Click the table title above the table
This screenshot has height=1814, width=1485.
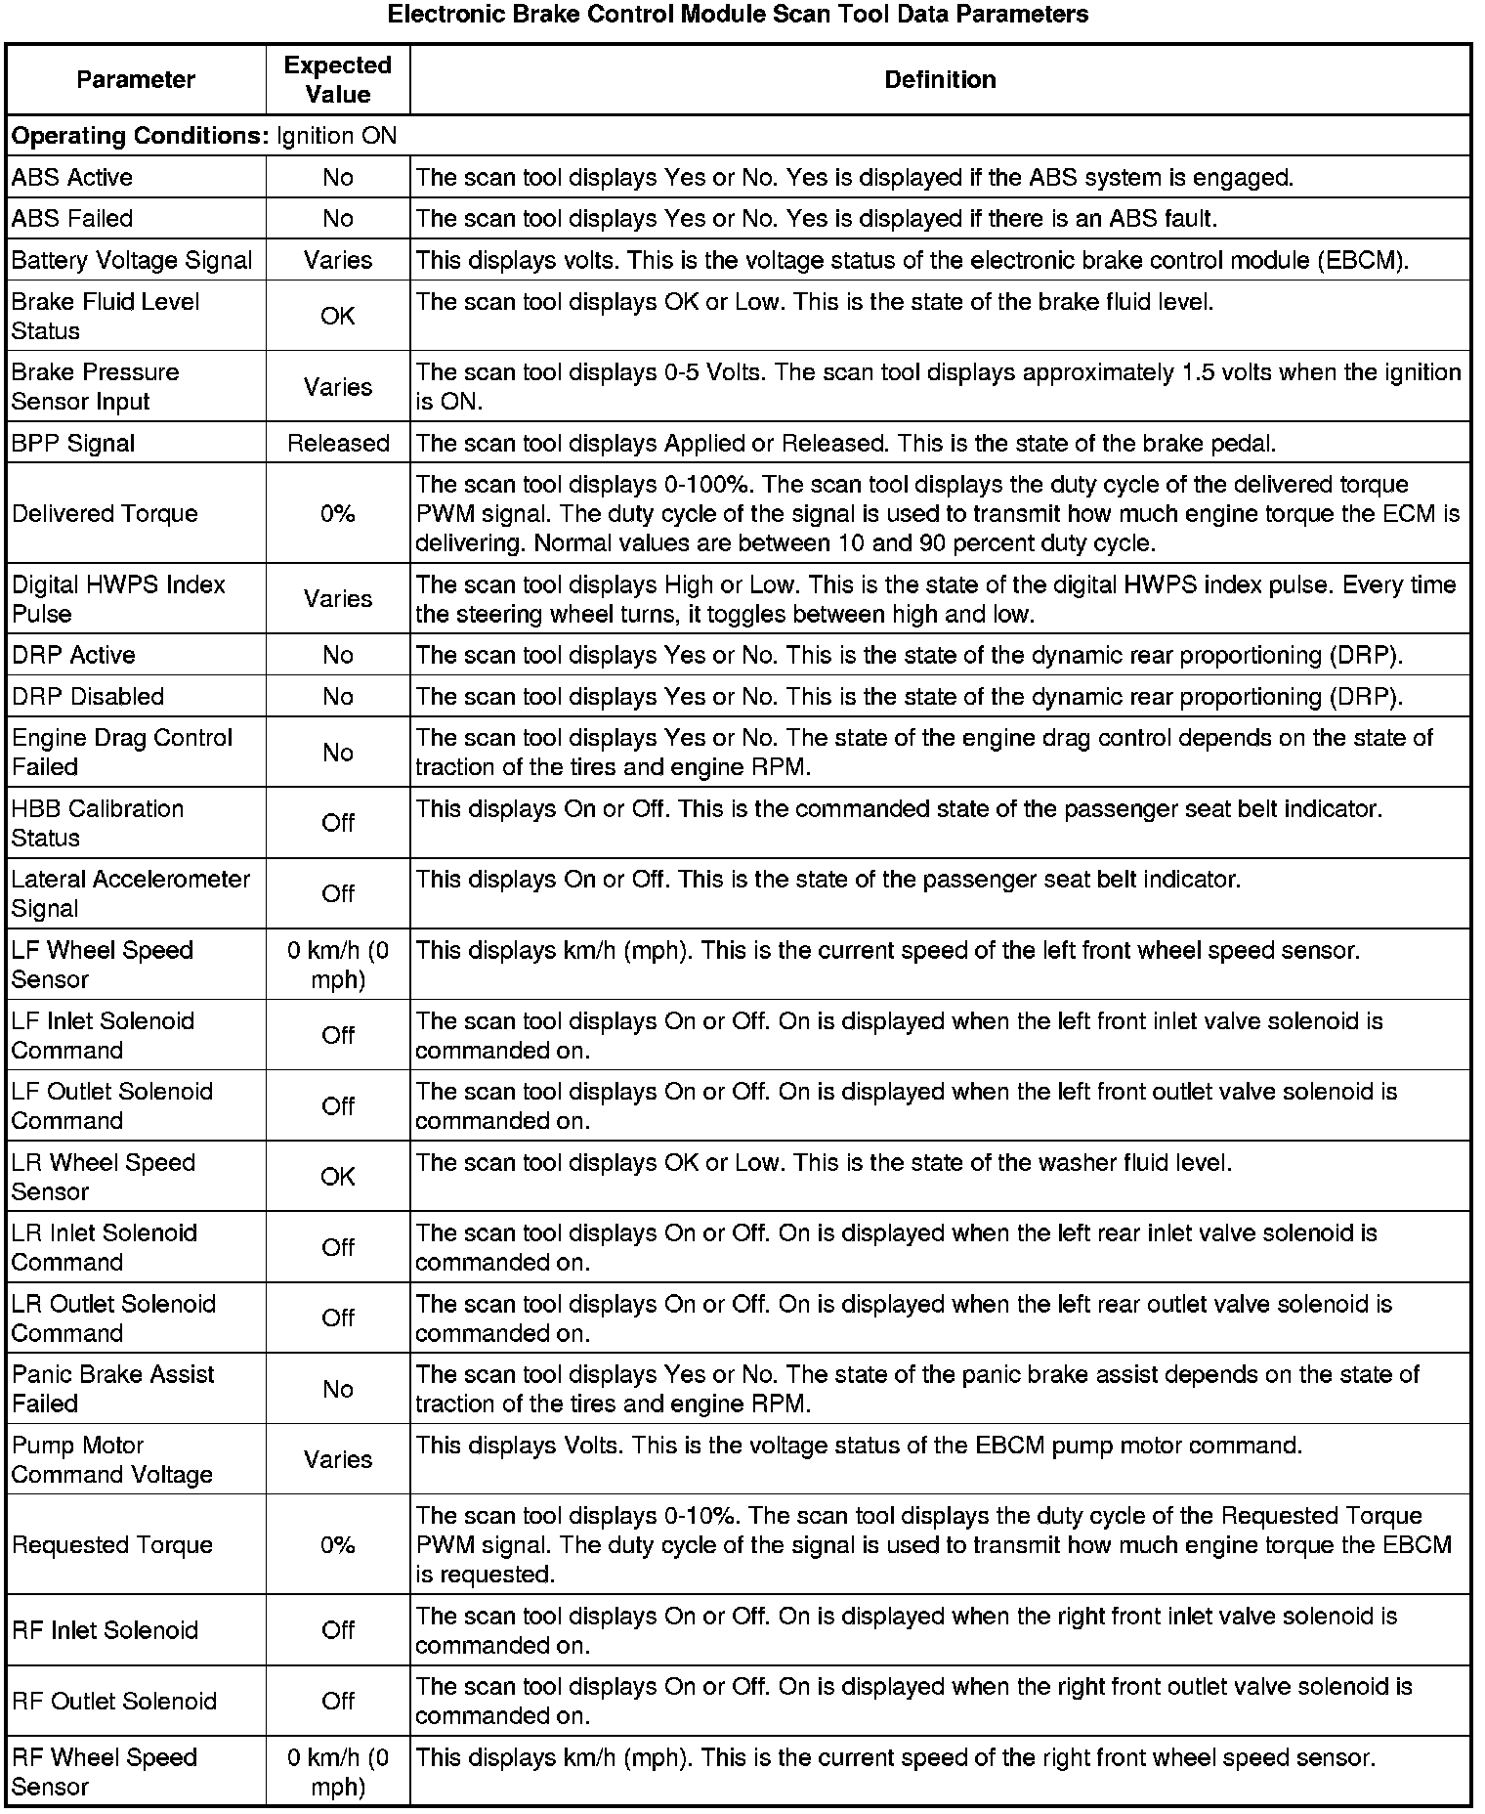pyautogui.click(x=738, y=15)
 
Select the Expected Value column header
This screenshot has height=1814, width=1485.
pyautogui.click(x=337, y=79)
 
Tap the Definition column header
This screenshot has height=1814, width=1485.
pyautogui.click(x=940, y=79)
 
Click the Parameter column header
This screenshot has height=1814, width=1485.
pyautogui.click(x=136, y=79)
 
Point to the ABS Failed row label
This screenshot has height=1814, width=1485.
pyautogui.click(x=72, y=218)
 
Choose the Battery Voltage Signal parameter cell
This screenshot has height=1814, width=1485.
pyautogui.click(x=132, y=260)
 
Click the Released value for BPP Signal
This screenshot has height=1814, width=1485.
pyautogui.click(x=338, y=443)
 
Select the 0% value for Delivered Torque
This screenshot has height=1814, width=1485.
pyautogui.click(x=338, y=513)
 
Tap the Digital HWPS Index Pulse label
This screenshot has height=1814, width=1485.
pyautogui.click(x=118, y=598)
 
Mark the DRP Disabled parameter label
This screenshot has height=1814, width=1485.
pyautogui.click(x=88, y=696)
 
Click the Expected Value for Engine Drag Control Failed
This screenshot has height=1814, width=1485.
pyautogui.click(x=338, y=752)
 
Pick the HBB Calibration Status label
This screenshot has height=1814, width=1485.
pyautogui.click(x=98, y=823)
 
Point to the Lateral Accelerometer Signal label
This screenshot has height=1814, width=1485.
pyautogui.click(x=131, y=893)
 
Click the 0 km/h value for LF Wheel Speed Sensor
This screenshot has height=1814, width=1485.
pyautogui.click(x=338, y=964)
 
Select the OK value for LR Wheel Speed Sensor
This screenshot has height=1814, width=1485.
pyautogui.click(x=338, y=1176)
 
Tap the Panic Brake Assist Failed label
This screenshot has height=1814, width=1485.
pyautogui.click(x=112, y=1388)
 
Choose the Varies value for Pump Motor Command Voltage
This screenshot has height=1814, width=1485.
pyautogui.click(x=338, y=1459)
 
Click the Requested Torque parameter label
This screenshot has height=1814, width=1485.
pyautogui.click(x=112, y=1544)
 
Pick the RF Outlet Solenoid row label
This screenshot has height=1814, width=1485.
pyautogui.click(x=114, y=1701)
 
